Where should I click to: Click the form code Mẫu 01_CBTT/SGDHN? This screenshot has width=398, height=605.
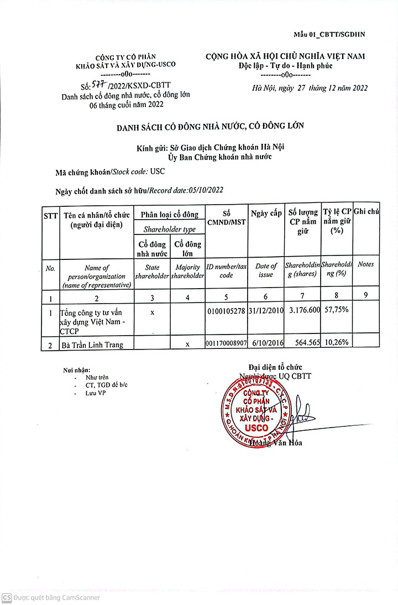click(x=329, y=35)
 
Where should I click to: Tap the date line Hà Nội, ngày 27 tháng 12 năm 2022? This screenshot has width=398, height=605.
click(x=310, y=87)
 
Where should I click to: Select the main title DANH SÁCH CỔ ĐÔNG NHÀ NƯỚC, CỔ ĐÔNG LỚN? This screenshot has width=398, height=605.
click(x=210, y=127)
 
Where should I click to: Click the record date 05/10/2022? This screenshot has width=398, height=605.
click(x=206, y=190)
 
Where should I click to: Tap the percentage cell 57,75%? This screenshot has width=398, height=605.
click(x=336, y=310)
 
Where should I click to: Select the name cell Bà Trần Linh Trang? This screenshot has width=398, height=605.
click(x=93, y=345)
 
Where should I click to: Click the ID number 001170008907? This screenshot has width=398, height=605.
click(x=226, y=344)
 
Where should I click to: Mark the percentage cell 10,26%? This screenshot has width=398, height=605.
click(x=336, y=342)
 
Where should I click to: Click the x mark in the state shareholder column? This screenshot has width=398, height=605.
click(x=152, y=312)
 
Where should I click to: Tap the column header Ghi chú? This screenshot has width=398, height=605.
click(x=366, y=211)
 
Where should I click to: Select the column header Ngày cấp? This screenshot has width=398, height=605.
click(x=266, y=213)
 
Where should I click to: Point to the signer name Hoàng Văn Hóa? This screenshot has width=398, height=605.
click(x=276, y=442)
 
